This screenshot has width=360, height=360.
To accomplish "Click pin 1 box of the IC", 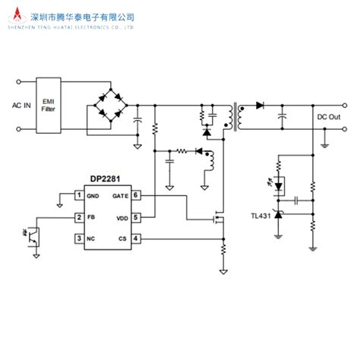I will [78, 195].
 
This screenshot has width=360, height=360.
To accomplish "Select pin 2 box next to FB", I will [78, 217].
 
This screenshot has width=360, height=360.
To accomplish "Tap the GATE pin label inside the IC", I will [120, 195].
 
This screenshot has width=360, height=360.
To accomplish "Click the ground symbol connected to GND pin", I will [61, 202].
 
